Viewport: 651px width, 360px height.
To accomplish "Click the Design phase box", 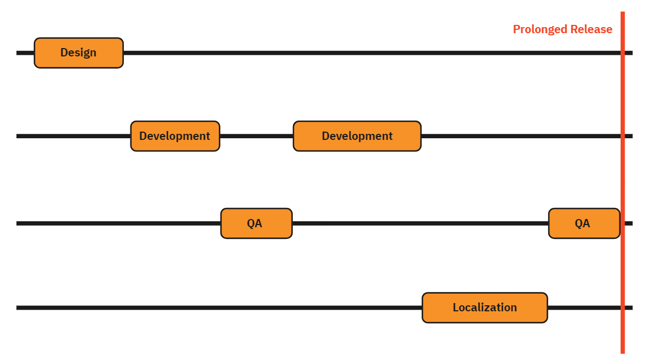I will click(x=78, y=53).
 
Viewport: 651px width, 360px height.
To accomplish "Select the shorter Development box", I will click(x=175, y=136).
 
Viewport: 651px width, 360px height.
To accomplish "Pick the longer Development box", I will click(x=357, y=136).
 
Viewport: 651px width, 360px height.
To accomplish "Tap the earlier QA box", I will click(x=256, y=223).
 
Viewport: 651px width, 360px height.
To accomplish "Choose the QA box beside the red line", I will click(x=584, y=223).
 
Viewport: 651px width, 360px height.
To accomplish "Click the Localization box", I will click(x=485, y=307).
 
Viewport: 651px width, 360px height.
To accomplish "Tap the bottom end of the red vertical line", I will click(x=622, y=351).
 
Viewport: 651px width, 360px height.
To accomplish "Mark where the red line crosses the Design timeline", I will click(x=622, y=53).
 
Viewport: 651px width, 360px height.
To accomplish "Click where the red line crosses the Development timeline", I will click(x=622, y=136).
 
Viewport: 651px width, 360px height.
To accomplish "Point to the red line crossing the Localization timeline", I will click(x=622, y=307).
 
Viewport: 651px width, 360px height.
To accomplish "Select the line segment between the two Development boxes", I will click(x=256, y=136).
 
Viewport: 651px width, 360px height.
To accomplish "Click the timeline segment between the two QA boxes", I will click(x=420, y=223).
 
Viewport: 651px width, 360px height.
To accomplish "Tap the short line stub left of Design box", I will click(x=25, y=53).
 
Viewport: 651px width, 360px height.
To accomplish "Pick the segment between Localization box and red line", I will click(x=584, y=307).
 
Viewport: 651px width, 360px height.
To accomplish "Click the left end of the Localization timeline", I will click(x=18, y=307).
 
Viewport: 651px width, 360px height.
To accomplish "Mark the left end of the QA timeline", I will click(x=18, y=223).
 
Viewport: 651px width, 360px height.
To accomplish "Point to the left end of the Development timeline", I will click(x=18, y=136).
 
